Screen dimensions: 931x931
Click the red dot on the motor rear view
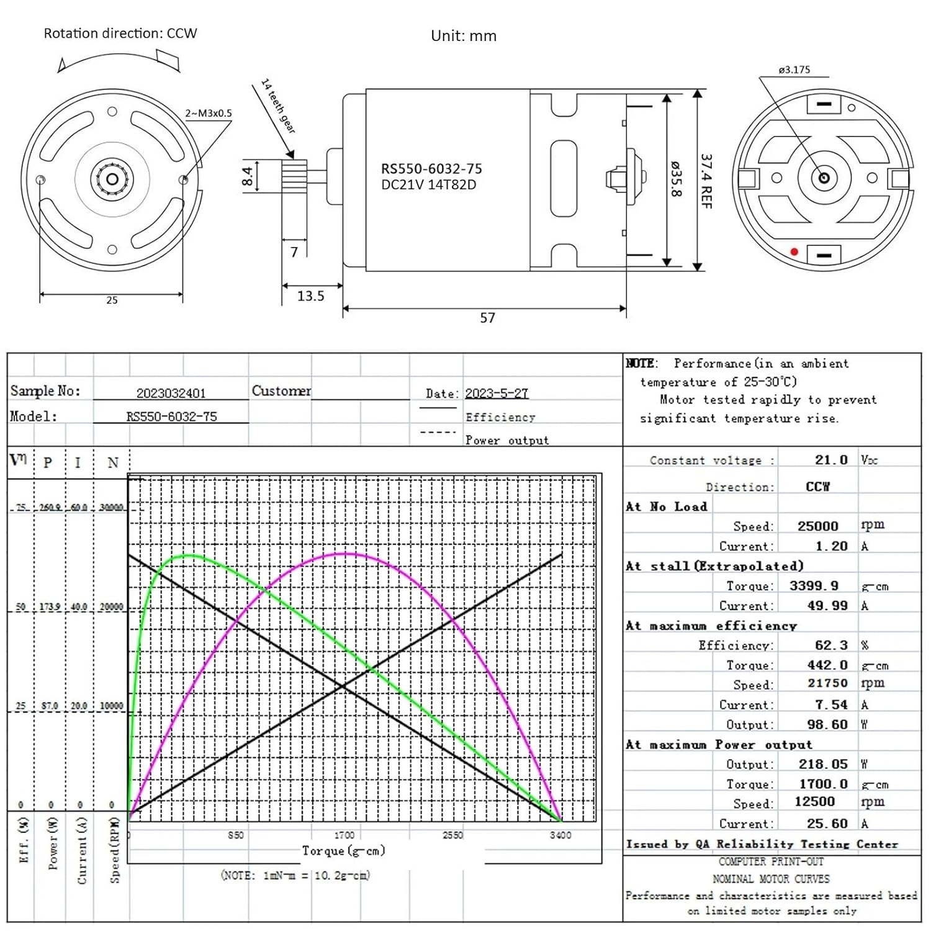click(x=794, y=251)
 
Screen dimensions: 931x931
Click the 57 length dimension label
click(x=488, y=318)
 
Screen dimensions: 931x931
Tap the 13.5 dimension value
click(x=310, y=296)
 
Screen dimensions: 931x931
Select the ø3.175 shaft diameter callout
click(x=794, y=70)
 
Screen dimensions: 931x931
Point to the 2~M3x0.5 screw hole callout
click(x=209, y=113)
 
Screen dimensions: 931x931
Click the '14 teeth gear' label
click(x=278, y=106)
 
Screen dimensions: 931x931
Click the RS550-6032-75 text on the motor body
click(x=431, y=169)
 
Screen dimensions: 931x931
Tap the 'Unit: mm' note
click(x=464, y=36)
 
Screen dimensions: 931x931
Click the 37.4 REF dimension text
click(x=706, y=181)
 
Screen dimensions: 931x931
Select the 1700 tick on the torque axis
click(x=344, y=835)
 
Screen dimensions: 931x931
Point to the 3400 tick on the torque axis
click(x=560, y=835)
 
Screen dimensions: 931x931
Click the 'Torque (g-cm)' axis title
click(x=343, y=850)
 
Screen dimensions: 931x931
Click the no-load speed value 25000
click(x=817, y=526)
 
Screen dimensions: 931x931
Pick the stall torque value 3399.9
click(x=814, y=586)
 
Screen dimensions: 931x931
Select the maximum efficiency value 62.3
click(x=831, y=645)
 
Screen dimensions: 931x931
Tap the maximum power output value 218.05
click(x=823, y=764)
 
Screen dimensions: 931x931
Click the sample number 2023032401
click(x=171, y=394)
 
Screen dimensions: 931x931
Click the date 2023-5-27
click(x=497, y=394)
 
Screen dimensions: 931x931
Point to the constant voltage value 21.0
click(x=831, y=460)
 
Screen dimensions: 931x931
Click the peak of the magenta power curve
click(x=345, y=553)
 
